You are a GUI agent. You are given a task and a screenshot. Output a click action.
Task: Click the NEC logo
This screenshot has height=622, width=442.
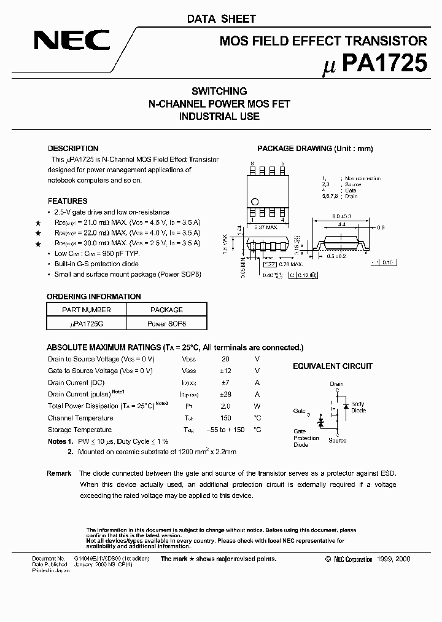tap(72, 42)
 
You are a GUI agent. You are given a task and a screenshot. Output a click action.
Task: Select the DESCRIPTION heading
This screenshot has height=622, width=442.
tap(73, 149)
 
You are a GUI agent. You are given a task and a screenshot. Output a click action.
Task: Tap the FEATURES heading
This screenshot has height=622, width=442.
tap(68, 201)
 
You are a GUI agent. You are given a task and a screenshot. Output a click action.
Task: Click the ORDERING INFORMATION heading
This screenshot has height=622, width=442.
tap(94, 296)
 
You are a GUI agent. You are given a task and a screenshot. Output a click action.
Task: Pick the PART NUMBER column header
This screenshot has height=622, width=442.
tap(87, 310)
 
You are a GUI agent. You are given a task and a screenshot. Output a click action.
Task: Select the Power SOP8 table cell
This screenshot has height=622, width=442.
tap(166, 323)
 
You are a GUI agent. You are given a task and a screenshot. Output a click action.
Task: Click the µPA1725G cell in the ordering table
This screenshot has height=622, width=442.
tap(87, 323)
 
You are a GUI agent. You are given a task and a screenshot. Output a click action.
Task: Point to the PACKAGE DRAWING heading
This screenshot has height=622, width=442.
tap(314, 149)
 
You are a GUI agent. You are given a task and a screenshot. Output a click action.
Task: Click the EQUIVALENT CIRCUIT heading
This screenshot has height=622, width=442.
tap(332, 366)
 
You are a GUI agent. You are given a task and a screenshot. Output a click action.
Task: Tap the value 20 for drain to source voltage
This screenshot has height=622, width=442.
tap(225, 359)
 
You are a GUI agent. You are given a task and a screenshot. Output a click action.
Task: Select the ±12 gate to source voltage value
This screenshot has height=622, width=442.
tap(225, 371)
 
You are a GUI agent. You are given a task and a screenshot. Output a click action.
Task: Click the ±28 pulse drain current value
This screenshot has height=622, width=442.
tap(225, 394)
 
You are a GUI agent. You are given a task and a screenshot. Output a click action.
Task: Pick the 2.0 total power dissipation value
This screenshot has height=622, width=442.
tap(225, 406)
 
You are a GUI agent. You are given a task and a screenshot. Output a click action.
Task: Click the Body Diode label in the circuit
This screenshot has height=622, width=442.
tap(359, 407)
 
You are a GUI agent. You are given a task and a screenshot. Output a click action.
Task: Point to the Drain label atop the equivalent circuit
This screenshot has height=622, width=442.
tap(336, 384)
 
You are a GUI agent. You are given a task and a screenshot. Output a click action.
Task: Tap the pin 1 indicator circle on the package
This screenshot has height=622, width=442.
tap(255, 201)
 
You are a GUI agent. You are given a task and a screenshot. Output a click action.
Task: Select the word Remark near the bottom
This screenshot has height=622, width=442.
tap(59, 473)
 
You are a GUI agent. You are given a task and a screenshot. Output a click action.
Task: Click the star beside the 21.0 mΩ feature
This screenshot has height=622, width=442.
tap(38, 223)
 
